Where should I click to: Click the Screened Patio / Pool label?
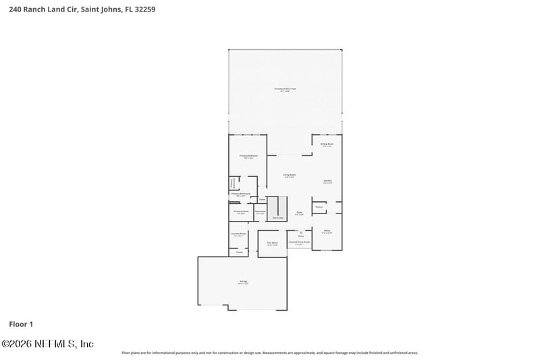coord(285,89)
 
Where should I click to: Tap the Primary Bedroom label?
coord(249,157)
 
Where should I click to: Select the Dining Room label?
coord(327,145)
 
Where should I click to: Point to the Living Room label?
coord(290,176)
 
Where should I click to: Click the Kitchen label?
coord(327,182)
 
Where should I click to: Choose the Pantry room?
coord(319,207)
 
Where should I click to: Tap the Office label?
coord(327,232)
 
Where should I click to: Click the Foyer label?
coord(299,213)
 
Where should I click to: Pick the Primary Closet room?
coord(241,212)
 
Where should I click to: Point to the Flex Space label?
coord(273,243)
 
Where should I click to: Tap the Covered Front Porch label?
coord(299,242)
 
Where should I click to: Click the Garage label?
coord(243,282)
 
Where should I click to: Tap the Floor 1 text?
coord(21,324)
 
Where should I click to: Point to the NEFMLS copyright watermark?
coord(47,344)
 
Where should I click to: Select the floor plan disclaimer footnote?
coord(269,353)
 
